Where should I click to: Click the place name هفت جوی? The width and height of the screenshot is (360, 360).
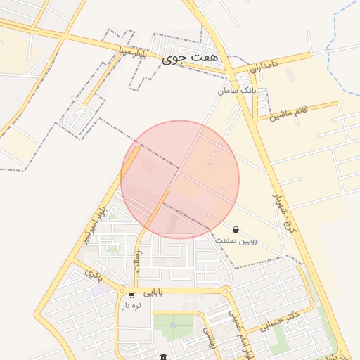pos(190,59)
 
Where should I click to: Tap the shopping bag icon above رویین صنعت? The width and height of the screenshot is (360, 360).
pos(235,229)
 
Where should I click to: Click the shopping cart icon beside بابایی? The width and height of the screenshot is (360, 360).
pos(131,294)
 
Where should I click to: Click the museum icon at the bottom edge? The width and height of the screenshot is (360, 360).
pos(164,356)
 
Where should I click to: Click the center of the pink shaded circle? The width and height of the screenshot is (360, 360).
pos(180,179)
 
